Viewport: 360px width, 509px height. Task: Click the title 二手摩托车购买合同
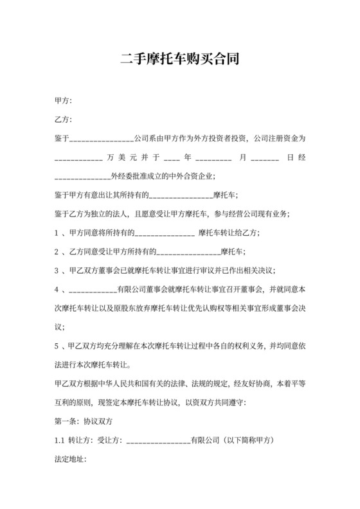tap(180, 61)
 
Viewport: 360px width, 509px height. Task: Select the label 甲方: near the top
tap(63, 101)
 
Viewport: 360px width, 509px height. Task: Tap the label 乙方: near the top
tap(63, 120)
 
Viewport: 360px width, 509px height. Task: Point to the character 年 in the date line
tap(188, 157)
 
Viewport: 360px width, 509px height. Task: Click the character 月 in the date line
tap(242, 157)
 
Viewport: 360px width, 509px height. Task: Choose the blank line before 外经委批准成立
tap(83, 175)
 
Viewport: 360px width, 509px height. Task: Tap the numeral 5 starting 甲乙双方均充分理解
tap(57, 345)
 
